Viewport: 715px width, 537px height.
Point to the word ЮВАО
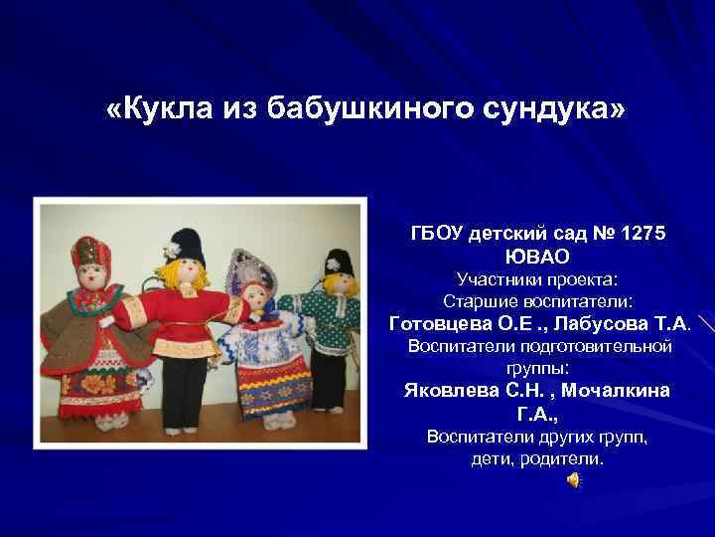tap(538, 256)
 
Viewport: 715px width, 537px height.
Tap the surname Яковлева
tap(453, 391)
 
